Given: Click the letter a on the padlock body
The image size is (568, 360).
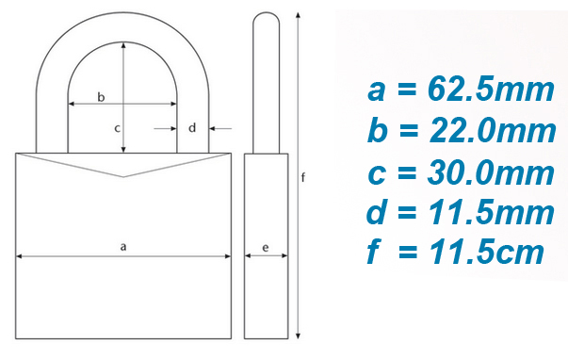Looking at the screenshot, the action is (x=123, y=247).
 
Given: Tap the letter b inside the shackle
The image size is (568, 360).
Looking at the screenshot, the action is (x=101, y=97).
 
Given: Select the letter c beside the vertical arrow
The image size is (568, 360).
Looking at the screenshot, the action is (x=117, y=128).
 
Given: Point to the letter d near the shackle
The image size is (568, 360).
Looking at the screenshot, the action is (x=192, y=127).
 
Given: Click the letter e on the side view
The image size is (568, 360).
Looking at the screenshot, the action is (x=266, y=248).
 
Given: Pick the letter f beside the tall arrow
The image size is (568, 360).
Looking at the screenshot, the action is (x=303, y=177).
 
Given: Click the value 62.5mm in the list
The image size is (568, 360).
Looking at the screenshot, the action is (x=491, y=90).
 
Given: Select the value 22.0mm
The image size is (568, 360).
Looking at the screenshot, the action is (x=493, y=131).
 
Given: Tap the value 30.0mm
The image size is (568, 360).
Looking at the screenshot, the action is (x=491, y=173).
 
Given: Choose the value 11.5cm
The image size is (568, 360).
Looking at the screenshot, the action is (x=486, y=252).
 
